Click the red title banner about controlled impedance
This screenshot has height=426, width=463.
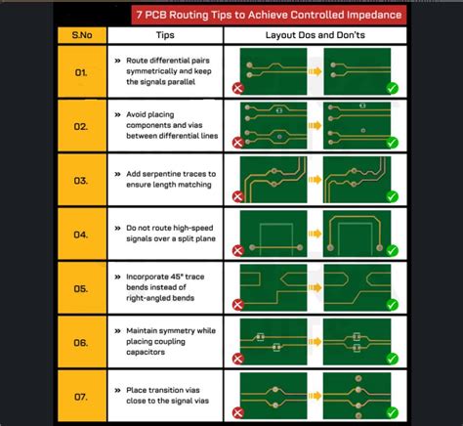point(269,15)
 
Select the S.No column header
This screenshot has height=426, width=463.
point(82,35)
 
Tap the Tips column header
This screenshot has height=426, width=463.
point(165,35)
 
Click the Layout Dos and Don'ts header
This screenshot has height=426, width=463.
point(316,35)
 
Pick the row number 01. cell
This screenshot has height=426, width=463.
point(82,71)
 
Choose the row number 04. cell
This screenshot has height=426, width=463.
point(82,234)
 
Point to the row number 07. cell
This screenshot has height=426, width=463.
point(82,396)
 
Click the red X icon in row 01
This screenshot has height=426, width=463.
point(238,88)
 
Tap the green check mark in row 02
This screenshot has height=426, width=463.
point(392,143)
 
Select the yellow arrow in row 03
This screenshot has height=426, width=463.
point(315,180)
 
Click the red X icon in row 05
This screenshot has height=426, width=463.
point(238,305)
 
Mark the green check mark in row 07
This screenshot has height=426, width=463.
point(392,413)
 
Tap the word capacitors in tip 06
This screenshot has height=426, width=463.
point(146,352)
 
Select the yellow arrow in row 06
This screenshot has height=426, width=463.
point(315,342)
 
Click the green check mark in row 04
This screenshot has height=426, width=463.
point(392,250)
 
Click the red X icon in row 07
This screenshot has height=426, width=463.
point(238,413)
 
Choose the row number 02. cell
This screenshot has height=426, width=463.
point(82,126)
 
